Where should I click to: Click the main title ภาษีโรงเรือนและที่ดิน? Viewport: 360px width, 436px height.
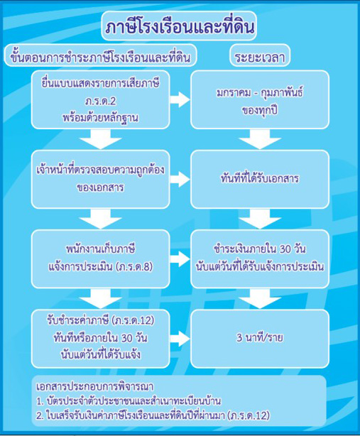[x=180, y=27]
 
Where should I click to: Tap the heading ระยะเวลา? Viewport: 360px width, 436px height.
[x=260, y=57]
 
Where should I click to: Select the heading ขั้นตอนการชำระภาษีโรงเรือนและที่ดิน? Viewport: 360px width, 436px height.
[x=100, y=57]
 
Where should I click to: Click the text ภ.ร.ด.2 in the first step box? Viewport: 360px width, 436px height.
[x=100, y=101]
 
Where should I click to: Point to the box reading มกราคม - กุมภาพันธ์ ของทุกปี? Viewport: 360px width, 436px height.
[x=260, y=99]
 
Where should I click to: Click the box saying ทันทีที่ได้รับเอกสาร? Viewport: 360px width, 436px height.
[x=260, y=179]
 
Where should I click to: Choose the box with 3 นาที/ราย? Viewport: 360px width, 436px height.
[x=260, y=339]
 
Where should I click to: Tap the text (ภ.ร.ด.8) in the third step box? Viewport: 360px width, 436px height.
[x=135, y=267]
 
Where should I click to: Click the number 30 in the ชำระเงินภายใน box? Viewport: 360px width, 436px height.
[x=285, y=249]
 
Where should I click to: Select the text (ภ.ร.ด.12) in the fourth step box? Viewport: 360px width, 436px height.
[x=133, y=320]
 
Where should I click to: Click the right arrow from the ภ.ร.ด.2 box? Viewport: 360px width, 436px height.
[x=180, y=99]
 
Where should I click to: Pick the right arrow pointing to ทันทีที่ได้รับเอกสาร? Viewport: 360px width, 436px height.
[x=180, y=179]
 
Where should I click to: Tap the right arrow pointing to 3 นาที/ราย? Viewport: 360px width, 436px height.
[x=180, y=339]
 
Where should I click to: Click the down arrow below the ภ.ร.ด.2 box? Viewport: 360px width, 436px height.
[x=100, y=139]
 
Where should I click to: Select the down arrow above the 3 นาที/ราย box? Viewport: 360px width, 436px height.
[x=260, y=299]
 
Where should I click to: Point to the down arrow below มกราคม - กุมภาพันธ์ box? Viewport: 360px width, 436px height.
[x=260, y=139]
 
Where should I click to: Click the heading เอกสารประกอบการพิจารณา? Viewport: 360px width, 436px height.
[x=95, y=386]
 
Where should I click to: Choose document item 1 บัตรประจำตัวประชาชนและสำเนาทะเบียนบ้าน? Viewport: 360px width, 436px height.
[x=129, y=401]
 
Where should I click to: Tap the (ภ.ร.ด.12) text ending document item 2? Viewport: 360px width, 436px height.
[x=249, y=415]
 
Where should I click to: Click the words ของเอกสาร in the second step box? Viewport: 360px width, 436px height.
[x=100, y=187]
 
